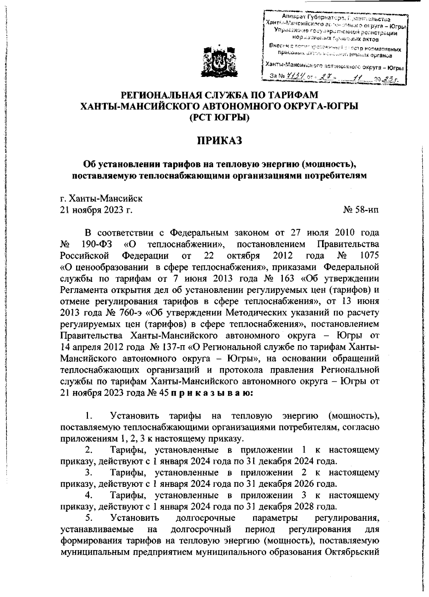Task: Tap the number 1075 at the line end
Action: coord(367,256)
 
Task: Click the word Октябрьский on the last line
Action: coord(352,552)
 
